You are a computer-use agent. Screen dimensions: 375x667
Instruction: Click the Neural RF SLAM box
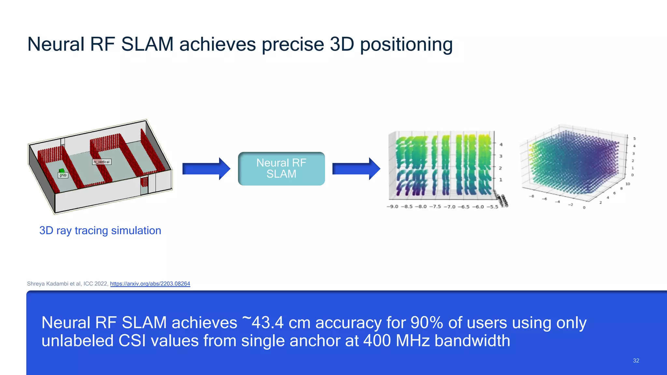(x=281, y=169)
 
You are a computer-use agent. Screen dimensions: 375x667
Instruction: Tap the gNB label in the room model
(x=63, y=175)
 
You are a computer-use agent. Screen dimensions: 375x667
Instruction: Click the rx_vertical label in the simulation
(x=102, y=162)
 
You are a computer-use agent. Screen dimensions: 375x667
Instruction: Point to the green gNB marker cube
(x=62, y=170)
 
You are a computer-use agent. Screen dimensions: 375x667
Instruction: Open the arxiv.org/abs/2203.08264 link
(x=150, y=284)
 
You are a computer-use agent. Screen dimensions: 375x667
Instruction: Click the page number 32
(x=636, y=361)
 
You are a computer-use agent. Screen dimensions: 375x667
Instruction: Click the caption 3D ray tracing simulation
(x=100, y=230)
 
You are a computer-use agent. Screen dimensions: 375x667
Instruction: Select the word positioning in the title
(x=406, y=44)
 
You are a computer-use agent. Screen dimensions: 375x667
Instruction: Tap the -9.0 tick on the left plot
(x=392, y=207)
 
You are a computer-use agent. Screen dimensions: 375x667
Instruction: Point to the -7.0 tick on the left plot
(x=449, y=207)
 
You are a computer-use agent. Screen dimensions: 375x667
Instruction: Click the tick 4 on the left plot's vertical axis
(x=501, y=145)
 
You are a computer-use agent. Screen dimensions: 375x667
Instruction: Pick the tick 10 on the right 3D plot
(x=628, y=184)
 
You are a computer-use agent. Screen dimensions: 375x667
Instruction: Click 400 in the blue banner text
(x=377, y=341)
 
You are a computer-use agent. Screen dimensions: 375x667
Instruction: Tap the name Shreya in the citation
(x=36, y=284)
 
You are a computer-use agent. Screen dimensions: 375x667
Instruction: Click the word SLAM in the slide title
(x=147, y=44)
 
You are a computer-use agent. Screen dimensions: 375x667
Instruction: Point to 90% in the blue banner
(x=427, y=323)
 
